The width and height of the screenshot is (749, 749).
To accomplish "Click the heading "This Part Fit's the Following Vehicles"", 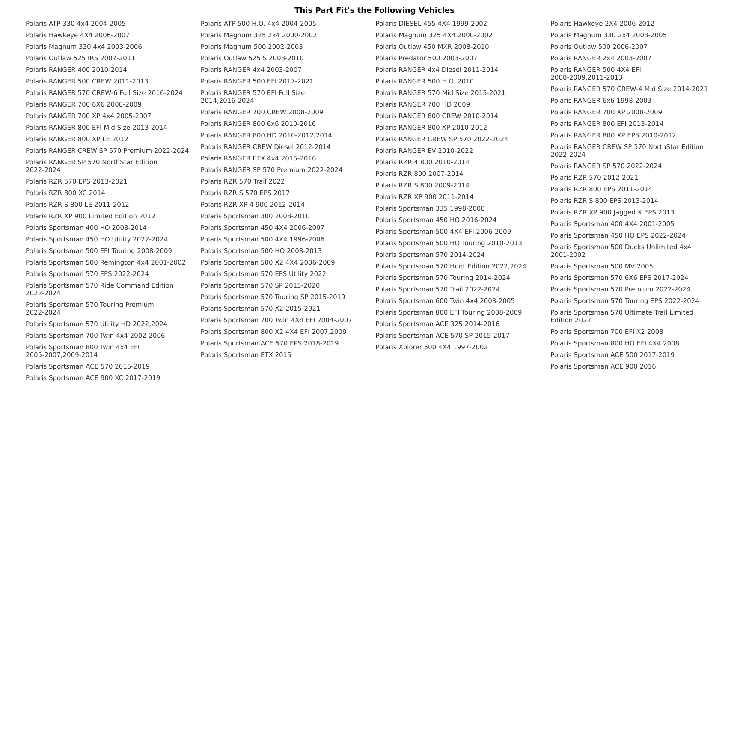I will [374, 10].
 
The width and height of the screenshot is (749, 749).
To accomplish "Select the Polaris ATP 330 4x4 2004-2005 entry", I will [76, 24].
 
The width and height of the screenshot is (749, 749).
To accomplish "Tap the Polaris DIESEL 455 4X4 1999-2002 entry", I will [431, 24].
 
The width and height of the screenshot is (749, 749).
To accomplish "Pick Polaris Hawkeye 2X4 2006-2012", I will [602, 24].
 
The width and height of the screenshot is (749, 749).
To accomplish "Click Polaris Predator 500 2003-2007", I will [426, 58].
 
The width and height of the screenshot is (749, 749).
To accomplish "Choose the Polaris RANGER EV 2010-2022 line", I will [424, 151].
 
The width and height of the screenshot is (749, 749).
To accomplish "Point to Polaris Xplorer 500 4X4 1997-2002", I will [431, 347].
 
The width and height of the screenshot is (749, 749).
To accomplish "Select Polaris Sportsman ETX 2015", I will [246, 355].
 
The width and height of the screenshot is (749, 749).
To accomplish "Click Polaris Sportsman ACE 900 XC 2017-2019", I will [93, 378].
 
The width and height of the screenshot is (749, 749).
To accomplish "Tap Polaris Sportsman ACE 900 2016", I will [603, 366].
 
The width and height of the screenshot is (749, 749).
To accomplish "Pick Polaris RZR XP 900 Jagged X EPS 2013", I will [612, 212].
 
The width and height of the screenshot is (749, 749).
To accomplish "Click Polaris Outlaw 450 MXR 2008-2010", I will [432, 47].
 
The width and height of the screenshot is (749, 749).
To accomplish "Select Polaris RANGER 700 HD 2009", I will [422, 104].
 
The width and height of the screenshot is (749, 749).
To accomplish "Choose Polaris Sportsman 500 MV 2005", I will [601, 266].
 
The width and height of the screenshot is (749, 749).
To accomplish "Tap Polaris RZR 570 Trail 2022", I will [243, 181].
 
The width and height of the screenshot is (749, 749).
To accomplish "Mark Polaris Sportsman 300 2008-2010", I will [255, 216].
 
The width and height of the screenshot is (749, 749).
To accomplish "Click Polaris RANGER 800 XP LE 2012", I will [77, 139].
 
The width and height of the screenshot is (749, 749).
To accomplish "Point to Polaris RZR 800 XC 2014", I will [65, 193].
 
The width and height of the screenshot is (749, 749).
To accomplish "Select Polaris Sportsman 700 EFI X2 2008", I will [606, 332].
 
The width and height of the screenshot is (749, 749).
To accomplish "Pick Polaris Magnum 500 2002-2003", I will [252, 47].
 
